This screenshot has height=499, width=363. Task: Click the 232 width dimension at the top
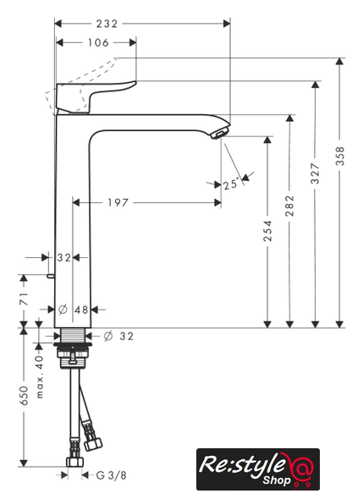107,24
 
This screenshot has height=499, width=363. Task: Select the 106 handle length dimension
98,42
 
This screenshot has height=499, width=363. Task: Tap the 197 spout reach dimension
118,202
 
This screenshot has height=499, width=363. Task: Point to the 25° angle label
231,184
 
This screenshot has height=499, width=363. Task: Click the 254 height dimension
267,231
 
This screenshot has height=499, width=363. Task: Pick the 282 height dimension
289,206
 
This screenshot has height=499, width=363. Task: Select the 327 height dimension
315,173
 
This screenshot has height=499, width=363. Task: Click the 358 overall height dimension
340,156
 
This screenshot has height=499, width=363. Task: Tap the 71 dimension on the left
25,299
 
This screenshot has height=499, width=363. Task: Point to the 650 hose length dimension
25,396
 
